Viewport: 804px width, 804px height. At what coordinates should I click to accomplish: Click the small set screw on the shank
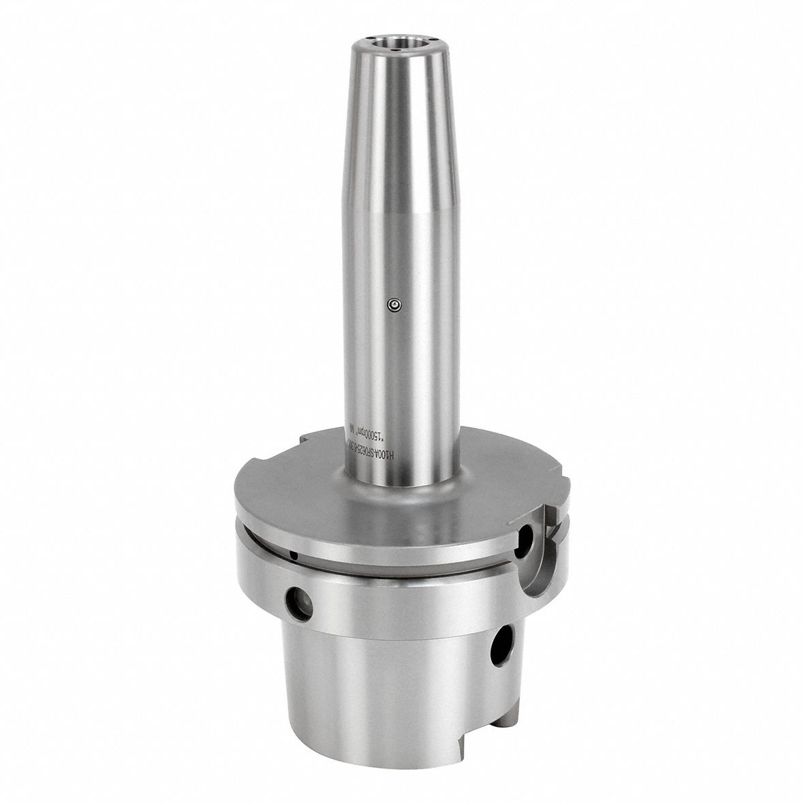click(x=394, y=305)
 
